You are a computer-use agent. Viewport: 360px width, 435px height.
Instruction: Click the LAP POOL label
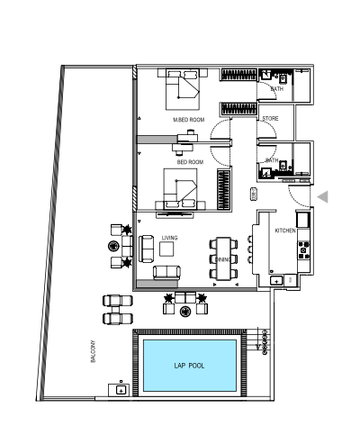[x=189, y=366]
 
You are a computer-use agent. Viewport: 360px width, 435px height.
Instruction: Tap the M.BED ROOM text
[x=189, y=120]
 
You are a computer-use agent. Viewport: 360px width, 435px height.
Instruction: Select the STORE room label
[x=270, y=119]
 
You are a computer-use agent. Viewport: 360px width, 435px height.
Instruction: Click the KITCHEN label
[x=285, y=231]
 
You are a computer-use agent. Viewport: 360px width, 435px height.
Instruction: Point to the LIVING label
[x=170, y=238]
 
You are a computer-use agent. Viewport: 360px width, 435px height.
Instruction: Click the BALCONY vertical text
[x=93, y=351]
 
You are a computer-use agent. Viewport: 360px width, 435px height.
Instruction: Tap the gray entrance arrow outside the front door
[x=323, y=197]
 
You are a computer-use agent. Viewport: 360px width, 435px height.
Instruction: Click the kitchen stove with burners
[x=303, y=250]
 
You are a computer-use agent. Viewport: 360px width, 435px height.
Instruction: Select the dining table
[x=223, y=258]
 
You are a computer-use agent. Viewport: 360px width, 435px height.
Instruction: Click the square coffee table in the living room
[x=166, y=249]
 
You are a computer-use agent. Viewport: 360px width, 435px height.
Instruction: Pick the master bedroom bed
[x=183, y=89]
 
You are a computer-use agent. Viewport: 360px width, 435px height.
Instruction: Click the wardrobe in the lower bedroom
[x=224, y=189]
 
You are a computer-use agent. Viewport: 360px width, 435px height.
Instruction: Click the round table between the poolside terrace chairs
[x=185, y=312]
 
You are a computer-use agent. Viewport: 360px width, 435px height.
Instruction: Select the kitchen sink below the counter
[x=276, y=281]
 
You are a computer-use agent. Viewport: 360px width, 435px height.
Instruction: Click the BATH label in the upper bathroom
[x=276, y=89]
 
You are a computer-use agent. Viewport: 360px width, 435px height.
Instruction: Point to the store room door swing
[x=266, y=131]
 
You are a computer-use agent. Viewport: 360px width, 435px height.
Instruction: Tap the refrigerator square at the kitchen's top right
[x=303, y=220]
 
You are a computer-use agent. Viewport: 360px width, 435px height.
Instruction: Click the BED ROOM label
[x=190, y=162]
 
